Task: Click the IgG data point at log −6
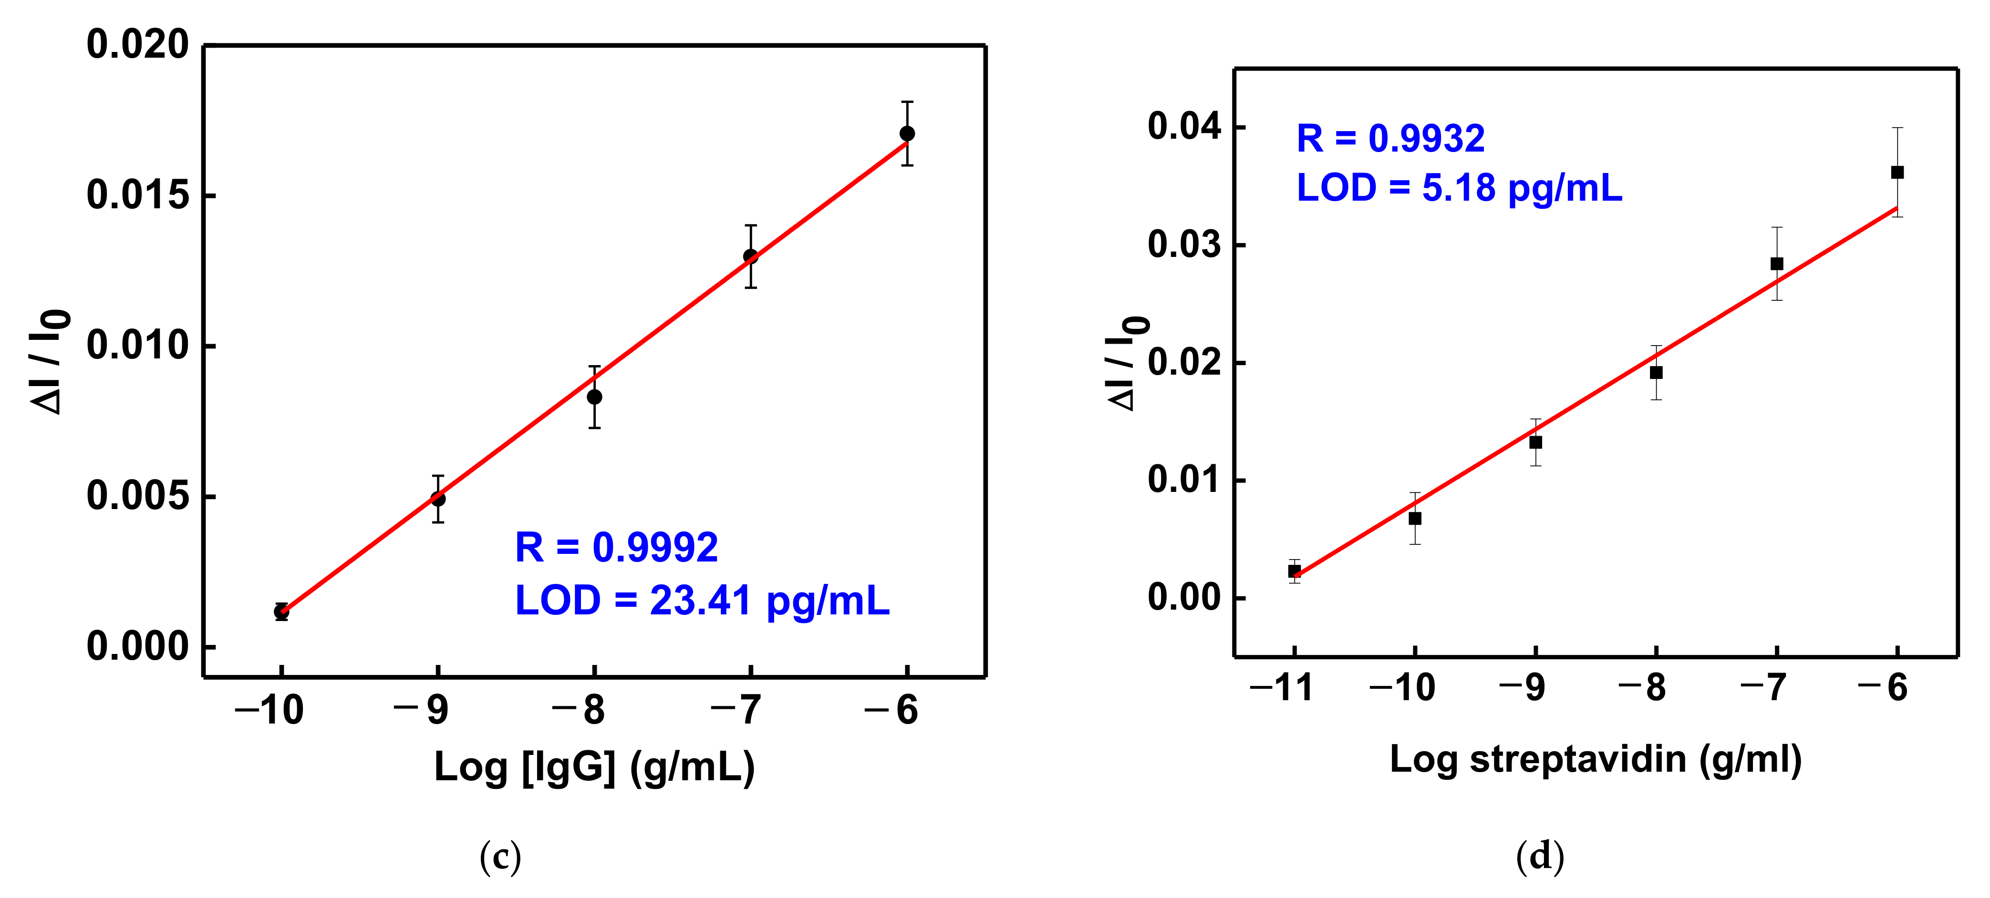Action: tap(907, 133)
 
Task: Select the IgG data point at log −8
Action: tap(594, 397)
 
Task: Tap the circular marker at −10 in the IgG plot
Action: tap(281, 612)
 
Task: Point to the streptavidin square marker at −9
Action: tap(1536, 442)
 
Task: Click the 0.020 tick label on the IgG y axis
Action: tap(137, 45)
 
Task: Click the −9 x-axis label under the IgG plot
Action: tap(422, 710)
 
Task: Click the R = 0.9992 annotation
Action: tap(616, 548)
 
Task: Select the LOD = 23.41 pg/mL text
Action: tap(702, 600)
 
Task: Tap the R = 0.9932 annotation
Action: tap(1390, 139)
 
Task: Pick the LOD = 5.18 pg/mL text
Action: tap(1459, 188)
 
